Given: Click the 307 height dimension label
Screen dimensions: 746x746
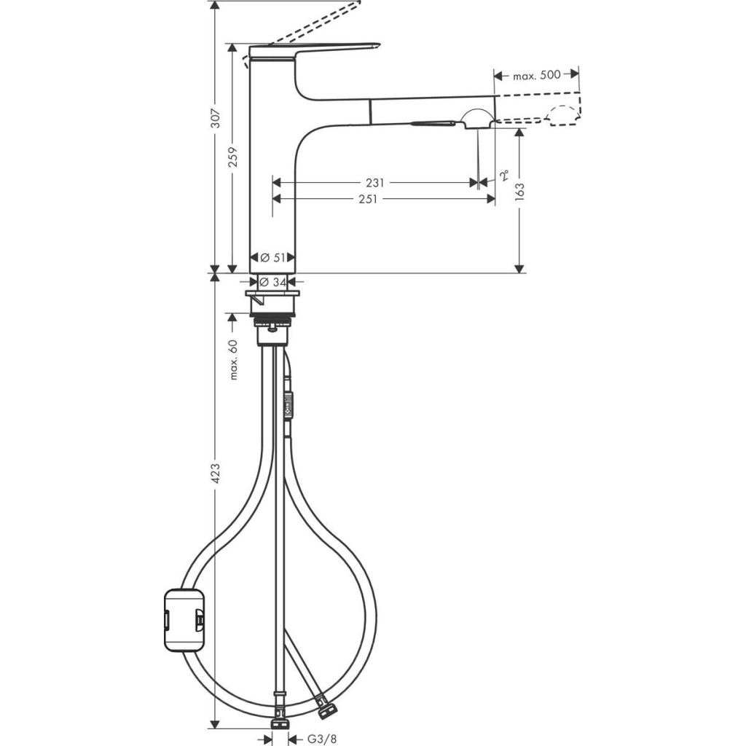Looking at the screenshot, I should tap(213, 128).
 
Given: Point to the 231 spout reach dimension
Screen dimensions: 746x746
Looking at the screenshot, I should tap(375, 183).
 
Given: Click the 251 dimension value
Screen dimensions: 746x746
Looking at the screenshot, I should tap(368, 199).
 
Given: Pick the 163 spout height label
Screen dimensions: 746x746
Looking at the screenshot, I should tap(519, 191).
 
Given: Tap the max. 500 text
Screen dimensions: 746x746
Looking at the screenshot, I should tap(536, 74).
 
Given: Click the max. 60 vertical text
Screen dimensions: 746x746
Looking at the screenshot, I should tap(234, 359).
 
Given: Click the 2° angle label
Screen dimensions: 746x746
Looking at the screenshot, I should tap(504, 176).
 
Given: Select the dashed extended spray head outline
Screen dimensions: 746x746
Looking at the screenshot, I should tap(564, 115).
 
